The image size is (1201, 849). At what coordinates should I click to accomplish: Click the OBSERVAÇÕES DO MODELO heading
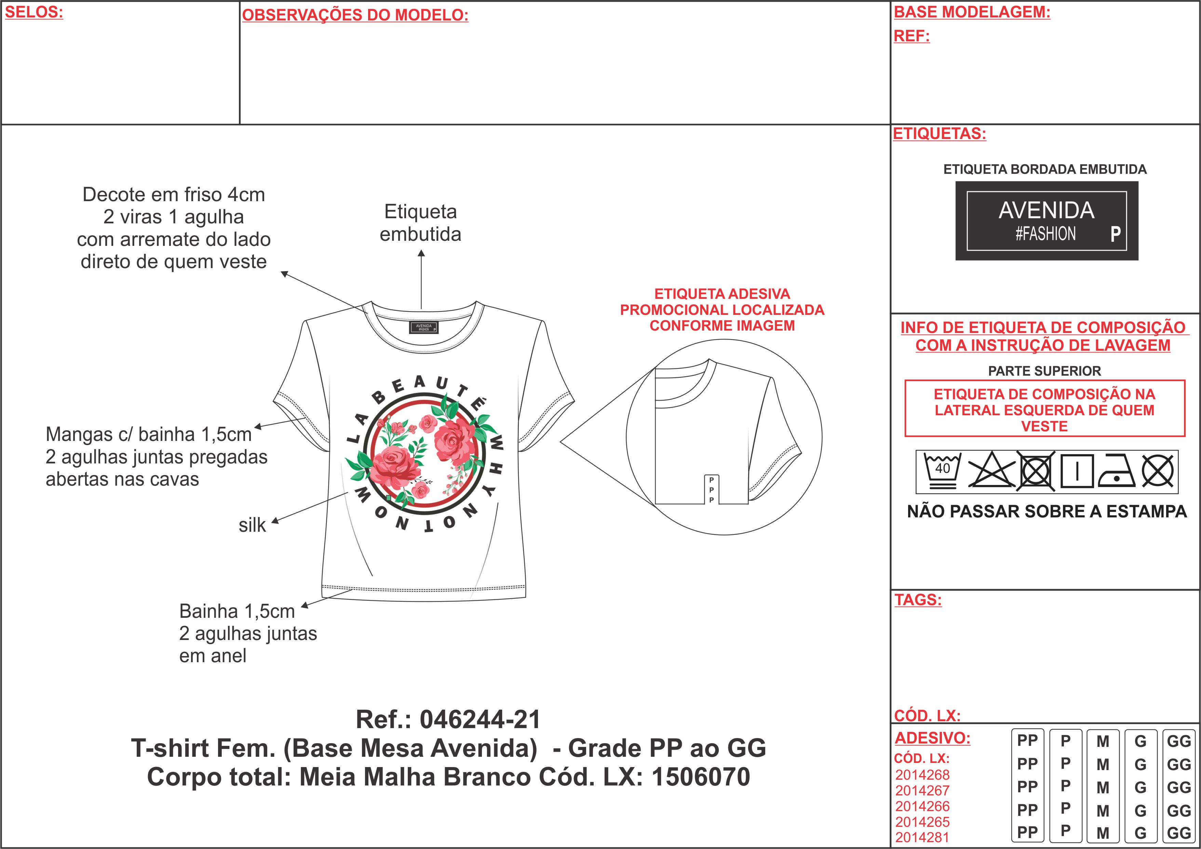click(355, 15)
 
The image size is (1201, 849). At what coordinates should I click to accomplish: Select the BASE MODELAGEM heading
click(972, 12)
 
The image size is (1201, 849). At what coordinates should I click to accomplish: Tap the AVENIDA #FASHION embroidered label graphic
click(1047, 221)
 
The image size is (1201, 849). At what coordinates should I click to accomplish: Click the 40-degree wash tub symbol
click(942, 471)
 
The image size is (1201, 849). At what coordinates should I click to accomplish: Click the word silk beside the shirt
click(252, 525)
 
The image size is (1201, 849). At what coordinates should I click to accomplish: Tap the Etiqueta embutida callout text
click(421, 223)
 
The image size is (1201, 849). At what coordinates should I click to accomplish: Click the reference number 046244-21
click(480, 719)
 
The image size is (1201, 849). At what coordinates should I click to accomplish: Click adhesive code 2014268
click(922, 775)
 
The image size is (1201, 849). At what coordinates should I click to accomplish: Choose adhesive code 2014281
click(922, 837)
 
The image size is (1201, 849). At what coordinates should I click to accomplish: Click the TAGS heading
click(918, 600)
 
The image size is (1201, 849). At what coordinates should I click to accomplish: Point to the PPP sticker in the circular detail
click(711, 490)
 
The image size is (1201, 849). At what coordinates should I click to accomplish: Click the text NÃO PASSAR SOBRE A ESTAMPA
click(1047, 511)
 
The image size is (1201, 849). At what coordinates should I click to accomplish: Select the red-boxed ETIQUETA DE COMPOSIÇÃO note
click(1044, 408)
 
